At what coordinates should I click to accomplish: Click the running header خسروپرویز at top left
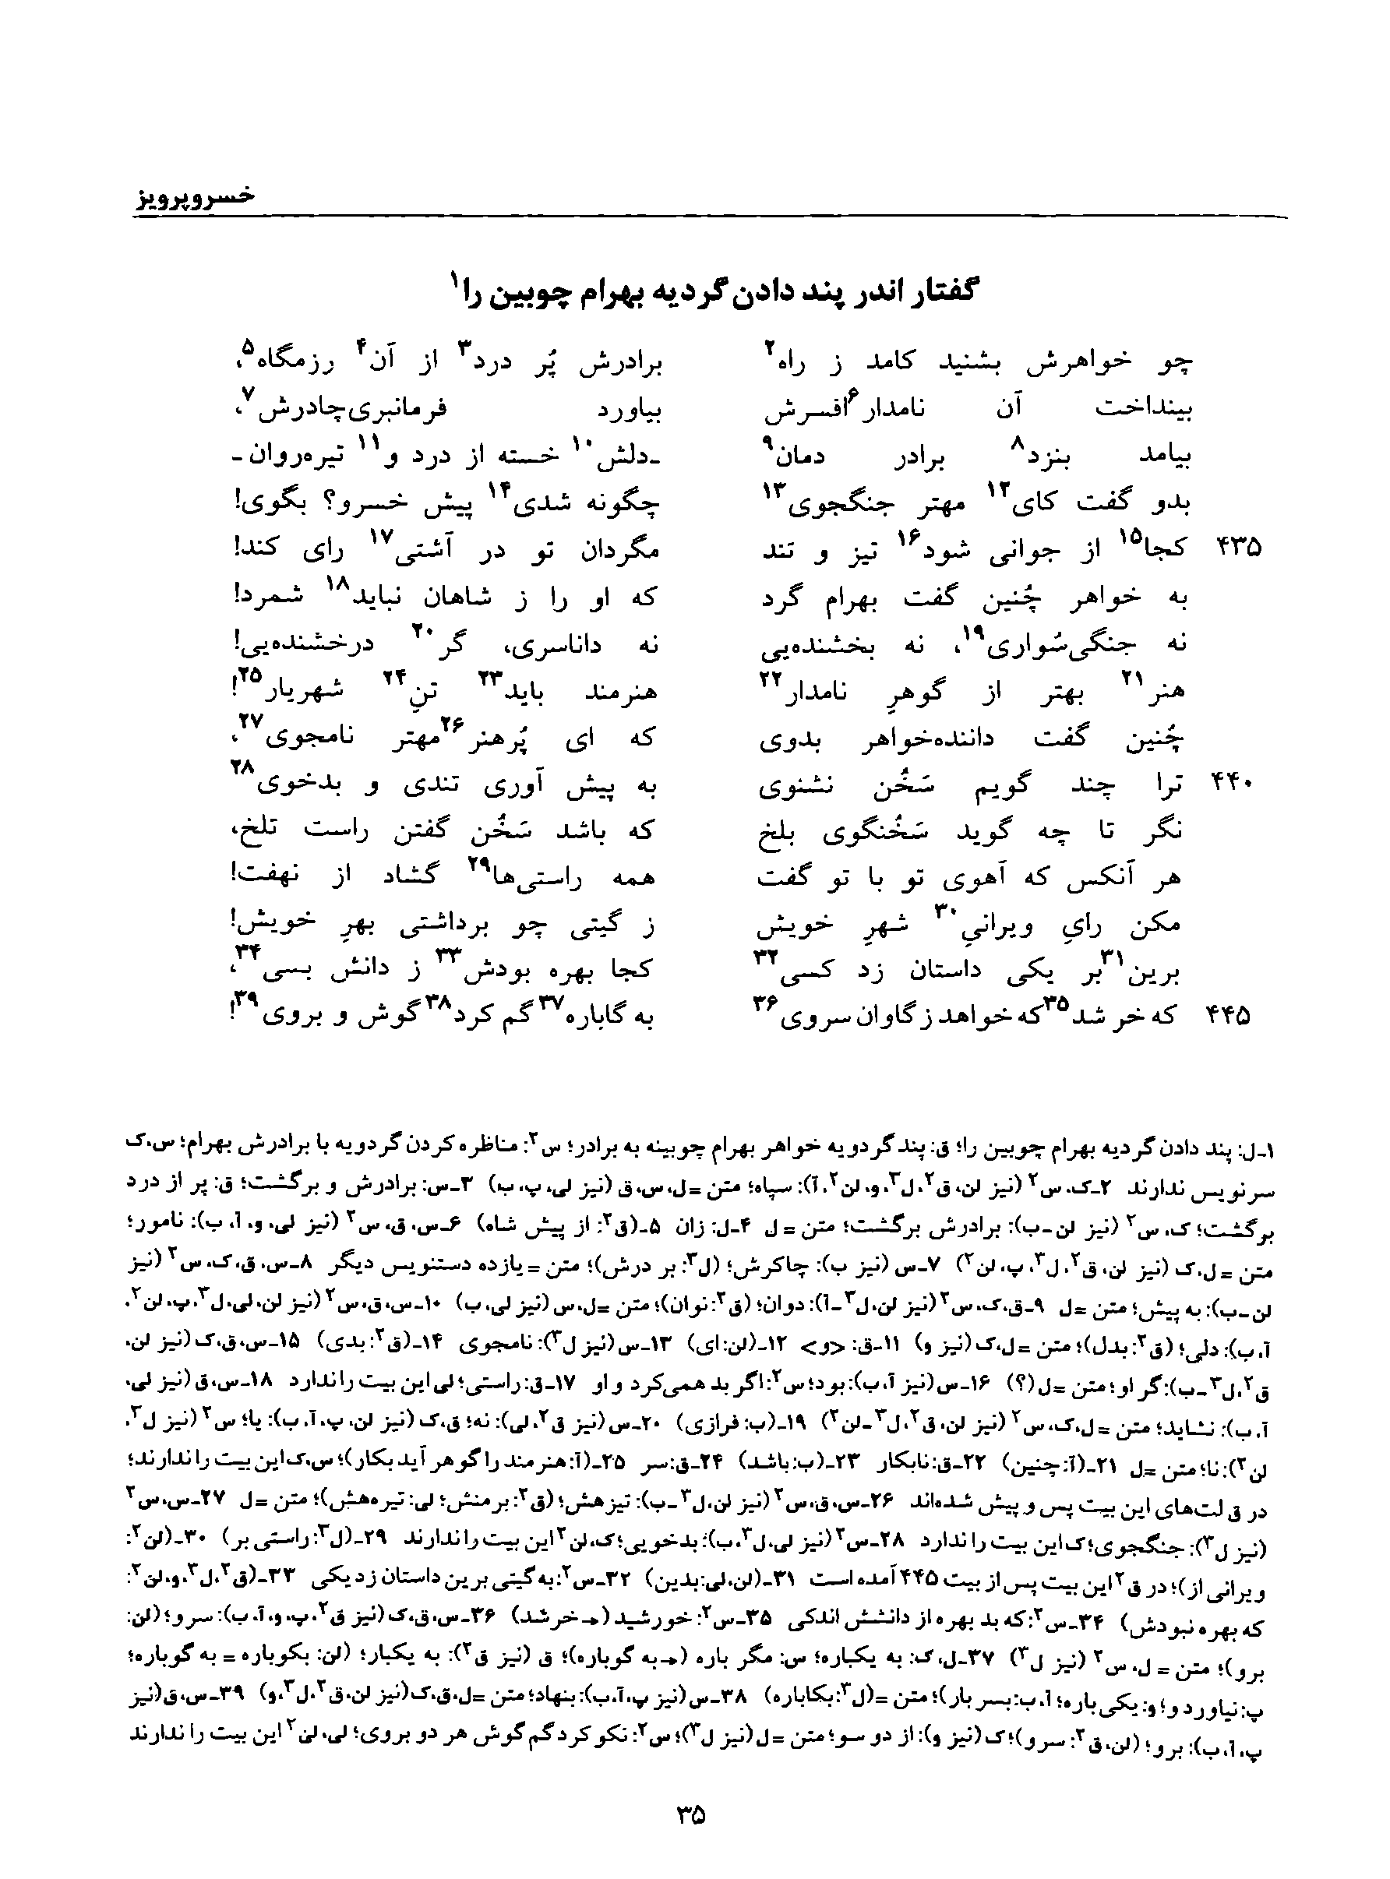[x=196, y=196]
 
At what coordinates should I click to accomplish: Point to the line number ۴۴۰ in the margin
[x=1233, y=784]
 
